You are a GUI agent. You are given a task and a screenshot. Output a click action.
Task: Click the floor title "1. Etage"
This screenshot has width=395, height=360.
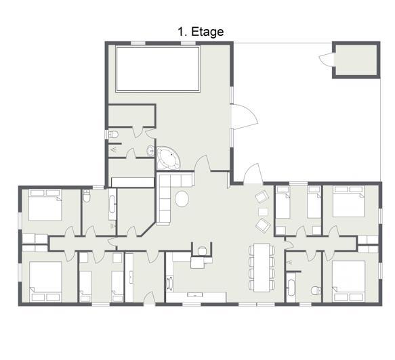pyautogui.click(x=201, y=32)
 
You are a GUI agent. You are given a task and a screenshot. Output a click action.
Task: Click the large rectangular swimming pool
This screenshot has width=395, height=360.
pyautogui.click(x=158, y=68)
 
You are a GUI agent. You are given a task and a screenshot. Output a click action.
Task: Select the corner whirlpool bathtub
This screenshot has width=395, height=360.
pyautogui.click(x=168, y=158)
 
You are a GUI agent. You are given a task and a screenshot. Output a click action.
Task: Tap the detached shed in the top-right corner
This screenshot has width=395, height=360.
pyautogui.click(x=356, y=60)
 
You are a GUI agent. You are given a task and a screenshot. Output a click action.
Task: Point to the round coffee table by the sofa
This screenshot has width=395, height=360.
pyautogui.click(x=182, y=199)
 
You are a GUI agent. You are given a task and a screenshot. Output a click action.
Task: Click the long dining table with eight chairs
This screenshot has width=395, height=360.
pyautogui.click(x=262, y=267)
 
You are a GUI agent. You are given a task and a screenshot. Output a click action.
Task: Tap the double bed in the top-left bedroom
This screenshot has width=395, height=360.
pyautogui.click(x=45, y=205)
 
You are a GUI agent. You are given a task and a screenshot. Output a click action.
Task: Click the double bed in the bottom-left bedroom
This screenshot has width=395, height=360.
pyautogui.click(x=45, y=282)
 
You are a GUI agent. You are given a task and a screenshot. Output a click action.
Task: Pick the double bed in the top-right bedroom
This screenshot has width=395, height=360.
pyautogui.click(x=348, y=202)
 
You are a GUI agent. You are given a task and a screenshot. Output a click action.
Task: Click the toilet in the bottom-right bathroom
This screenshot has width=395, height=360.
pyautogui.click(x=316, y=290)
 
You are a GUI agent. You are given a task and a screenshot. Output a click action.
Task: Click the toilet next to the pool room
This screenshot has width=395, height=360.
pyautogui.click(x=113, y=134)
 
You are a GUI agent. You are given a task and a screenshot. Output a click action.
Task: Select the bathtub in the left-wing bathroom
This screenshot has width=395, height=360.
pyautogui.click(x=112, y=204)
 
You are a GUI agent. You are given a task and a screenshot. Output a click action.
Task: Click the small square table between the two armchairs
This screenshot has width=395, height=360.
pyautogui.click(x=263, y=212)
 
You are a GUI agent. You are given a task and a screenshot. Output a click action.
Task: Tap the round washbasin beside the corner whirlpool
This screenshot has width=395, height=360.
pyautogui.click(x=150, y=151)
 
